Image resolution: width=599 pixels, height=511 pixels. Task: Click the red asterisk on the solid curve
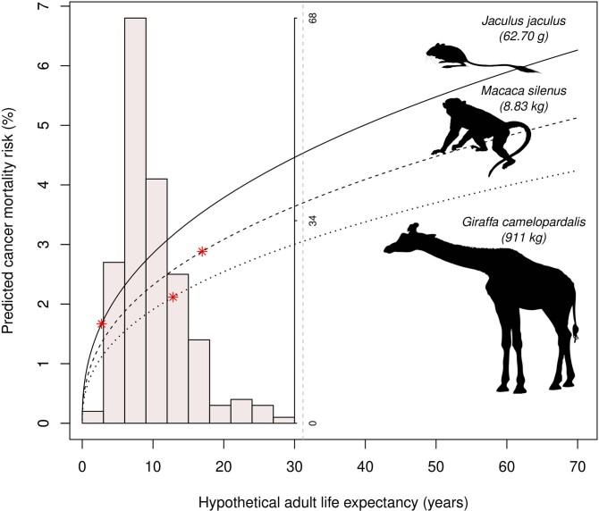tap(102, 323)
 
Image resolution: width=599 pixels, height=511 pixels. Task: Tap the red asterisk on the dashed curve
tap(202, 251)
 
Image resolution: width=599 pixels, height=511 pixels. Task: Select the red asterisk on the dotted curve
tap(173, 297)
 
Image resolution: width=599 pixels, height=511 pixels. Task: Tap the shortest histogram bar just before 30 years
tap(284, 420)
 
